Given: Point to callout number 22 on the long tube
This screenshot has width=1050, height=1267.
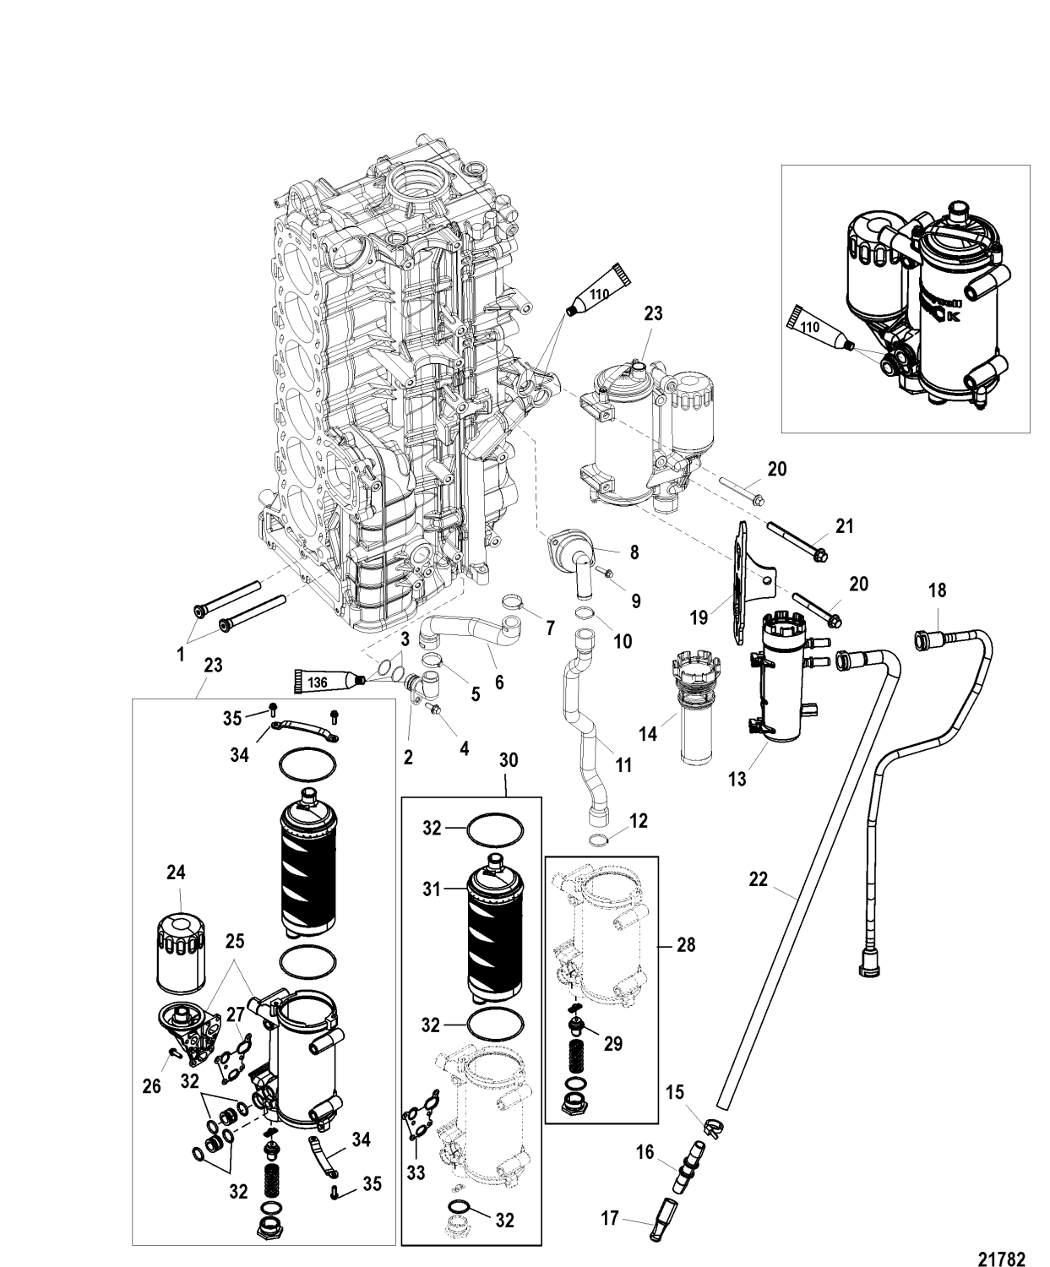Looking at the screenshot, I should point(758,879).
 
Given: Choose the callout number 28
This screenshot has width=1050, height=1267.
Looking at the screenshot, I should point(686,944).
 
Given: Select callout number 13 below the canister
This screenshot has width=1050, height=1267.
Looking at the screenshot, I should point(737,779).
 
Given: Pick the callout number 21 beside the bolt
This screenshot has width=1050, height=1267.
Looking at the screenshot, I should point(844,527).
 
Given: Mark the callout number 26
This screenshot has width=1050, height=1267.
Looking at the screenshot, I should point(151,1088).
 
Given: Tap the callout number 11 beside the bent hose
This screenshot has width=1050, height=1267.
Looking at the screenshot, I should point(623,765).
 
